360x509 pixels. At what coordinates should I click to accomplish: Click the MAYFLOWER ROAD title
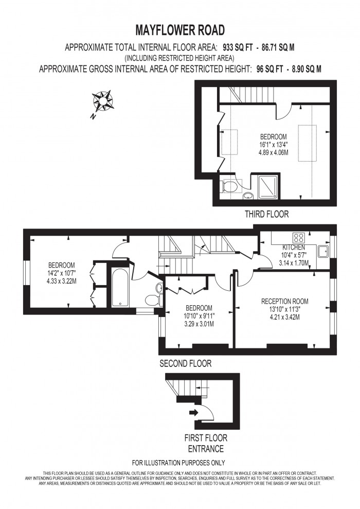[x=179, y=29]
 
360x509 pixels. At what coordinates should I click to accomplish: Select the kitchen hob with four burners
[x=298, y=238]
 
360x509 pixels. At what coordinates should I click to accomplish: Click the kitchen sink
[x=324, y=251]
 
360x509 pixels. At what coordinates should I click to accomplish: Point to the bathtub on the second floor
[x=121, y=287]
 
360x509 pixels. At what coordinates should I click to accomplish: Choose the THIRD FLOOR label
[x=267, y=214]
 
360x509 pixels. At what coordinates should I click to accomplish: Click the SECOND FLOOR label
[x=185, y=363]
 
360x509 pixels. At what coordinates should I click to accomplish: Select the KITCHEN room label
[x=294, y=248]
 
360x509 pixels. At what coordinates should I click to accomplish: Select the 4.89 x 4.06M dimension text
[x=273, y=152]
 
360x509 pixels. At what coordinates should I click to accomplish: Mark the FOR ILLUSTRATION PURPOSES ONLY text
[x=178, y=463]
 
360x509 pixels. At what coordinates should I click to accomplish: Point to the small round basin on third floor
[x=248, y=196]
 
